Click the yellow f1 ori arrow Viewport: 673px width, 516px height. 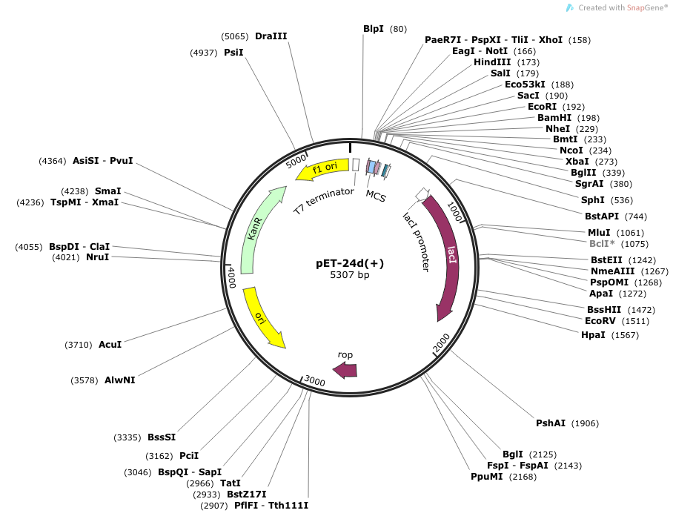pos(322,170)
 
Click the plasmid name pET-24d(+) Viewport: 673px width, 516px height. pos(350,263)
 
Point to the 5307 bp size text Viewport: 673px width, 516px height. pos(350,275)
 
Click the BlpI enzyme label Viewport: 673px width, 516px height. pos(374,29)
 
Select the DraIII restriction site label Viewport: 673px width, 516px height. pos(271,36)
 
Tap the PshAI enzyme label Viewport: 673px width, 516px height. pos(551,423)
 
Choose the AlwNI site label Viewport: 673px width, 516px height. pos(119,380)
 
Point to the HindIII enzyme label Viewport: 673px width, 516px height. pos(492,62)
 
